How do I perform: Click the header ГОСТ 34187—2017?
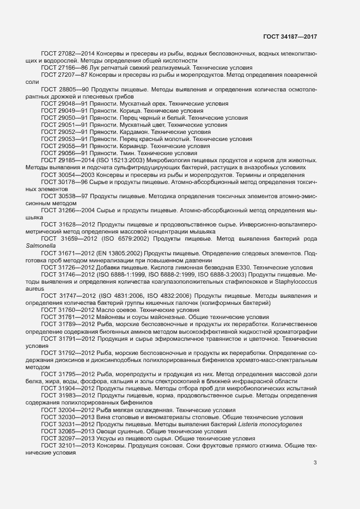coord(290,36)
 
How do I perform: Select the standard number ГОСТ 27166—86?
coord(65,67)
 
